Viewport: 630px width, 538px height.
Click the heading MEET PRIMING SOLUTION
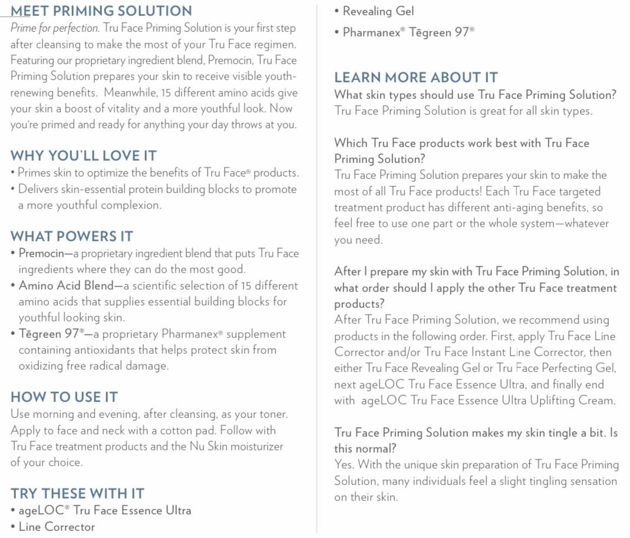(101, 11)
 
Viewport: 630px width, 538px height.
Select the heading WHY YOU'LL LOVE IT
(83, 156)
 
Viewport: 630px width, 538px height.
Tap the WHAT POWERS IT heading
(71, 237)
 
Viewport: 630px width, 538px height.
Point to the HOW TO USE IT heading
(64, 397)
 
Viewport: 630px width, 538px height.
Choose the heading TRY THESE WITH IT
(77, 493)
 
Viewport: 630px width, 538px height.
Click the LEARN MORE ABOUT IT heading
(415, 78)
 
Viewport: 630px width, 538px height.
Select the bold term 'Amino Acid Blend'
(66, 285)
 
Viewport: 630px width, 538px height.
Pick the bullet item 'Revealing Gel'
(378, 11)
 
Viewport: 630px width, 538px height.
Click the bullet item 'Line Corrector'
(56, 527)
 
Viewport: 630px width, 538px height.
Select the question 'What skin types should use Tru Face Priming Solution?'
(475, 95)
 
